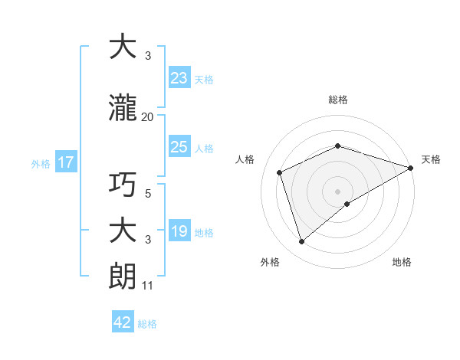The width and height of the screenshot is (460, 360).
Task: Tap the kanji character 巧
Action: click(123, 185)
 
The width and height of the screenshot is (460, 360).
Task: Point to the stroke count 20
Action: click(147, 117)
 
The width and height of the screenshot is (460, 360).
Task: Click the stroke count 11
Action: click(147, 286)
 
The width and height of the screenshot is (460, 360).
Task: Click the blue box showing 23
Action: click(179, 78)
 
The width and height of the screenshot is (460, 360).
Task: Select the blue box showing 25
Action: click(179, 147)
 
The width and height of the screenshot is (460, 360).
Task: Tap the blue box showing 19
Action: click(179, 232)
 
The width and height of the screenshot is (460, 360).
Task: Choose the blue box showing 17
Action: click(65, 162)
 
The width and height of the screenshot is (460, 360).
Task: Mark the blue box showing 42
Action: click(123, 322)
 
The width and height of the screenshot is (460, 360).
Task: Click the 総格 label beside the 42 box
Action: click(147, 324)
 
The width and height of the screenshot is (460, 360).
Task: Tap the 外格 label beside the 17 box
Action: click(41, 163)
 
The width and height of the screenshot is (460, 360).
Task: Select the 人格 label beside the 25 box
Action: click(204, 148)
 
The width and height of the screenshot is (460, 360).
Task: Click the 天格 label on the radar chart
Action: click(431, 159)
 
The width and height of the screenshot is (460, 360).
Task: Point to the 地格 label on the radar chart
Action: click(402, 263)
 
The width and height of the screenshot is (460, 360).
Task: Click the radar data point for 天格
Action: click(411, 168)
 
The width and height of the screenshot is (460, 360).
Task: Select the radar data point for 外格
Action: click(301, 242)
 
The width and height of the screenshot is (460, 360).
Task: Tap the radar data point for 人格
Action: click(280, 172)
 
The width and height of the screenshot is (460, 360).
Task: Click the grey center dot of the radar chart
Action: click(338, 191)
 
